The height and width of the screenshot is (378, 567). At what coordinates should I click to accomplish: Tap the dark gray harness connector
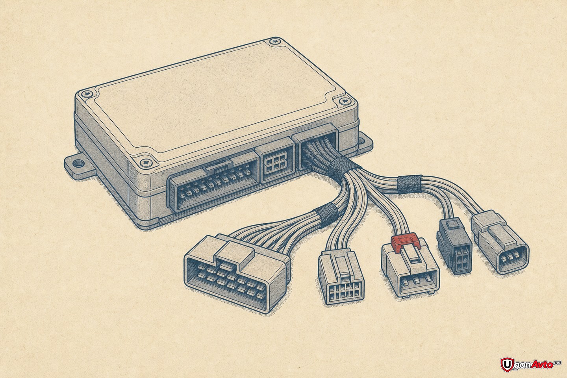tap(454, 246)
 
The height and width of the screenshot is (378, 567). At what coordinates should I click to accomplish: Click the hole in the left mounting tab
tap(78, 163)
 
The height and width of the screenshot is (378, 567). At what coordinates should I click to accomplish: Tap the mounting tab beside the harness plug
tap(366, 144)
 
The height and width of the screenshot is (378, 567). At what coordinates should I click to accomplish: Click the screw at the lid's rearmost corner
tap(275, 41)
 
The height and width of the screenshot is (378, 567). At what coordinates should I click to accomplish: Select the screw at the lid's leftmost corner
tap(87, 94)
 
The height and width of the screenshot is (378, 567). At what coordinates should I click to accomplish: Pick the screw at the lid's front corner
tap(146, 162)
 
